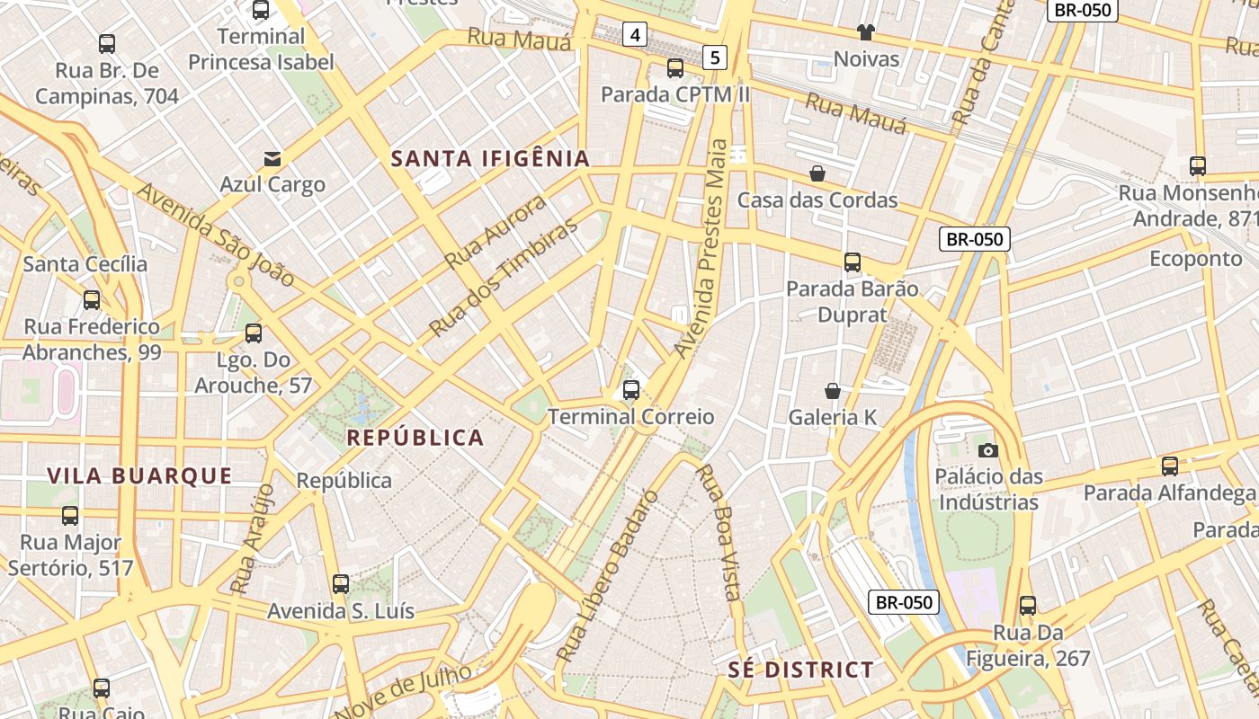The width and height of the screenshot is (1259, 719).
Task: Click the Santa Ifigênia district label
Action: (x=490, y=159)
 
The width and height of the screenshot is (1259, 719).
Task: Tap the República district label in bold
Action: (x=415, y=438)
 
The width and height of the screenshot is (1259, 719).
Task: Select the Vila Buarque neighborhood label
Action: (x=139, y=476)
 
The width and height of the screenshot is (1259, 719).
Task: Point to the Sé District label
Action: (x=800, y=670)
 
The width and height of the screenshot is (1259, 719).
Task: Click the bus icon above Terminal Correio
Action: (x=631, y=390)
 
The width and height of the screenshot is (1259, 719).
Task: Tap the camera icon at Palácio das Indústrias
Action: (x=987, y=450)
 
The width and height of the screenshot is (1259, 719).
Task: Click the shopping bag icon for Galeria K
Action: (x=833, y=391)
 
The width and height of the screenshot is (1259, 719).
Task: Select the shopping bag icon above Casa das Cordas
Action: (x=817, y=173)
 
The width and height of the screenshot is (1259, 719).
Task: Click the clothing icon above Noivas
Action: (x=866, y=33)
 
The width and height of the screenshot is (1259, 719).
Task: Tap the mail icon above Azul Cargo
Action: (x=272, y=159)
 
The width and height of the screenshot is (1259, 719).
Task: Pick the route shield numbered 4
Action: (x=636, y=35)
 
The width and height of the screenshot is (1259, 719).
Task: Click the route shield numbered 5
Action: (x=715, y=58)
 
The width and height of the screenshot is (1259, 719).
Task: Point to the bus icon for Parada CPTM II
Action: (x=674, y=67)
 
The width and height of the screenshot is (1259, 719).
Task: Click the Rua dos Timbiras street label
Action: (x=503, y=279)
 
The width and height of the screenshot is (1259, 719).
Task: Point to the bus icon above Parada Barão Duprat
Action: (x=852, y=262)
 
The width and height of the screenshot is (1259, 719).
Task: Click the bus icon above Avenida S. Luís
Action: (x=340, y=584)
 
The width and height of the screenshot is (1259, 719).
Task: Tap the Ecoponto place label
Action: (x=1195, y=259)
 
